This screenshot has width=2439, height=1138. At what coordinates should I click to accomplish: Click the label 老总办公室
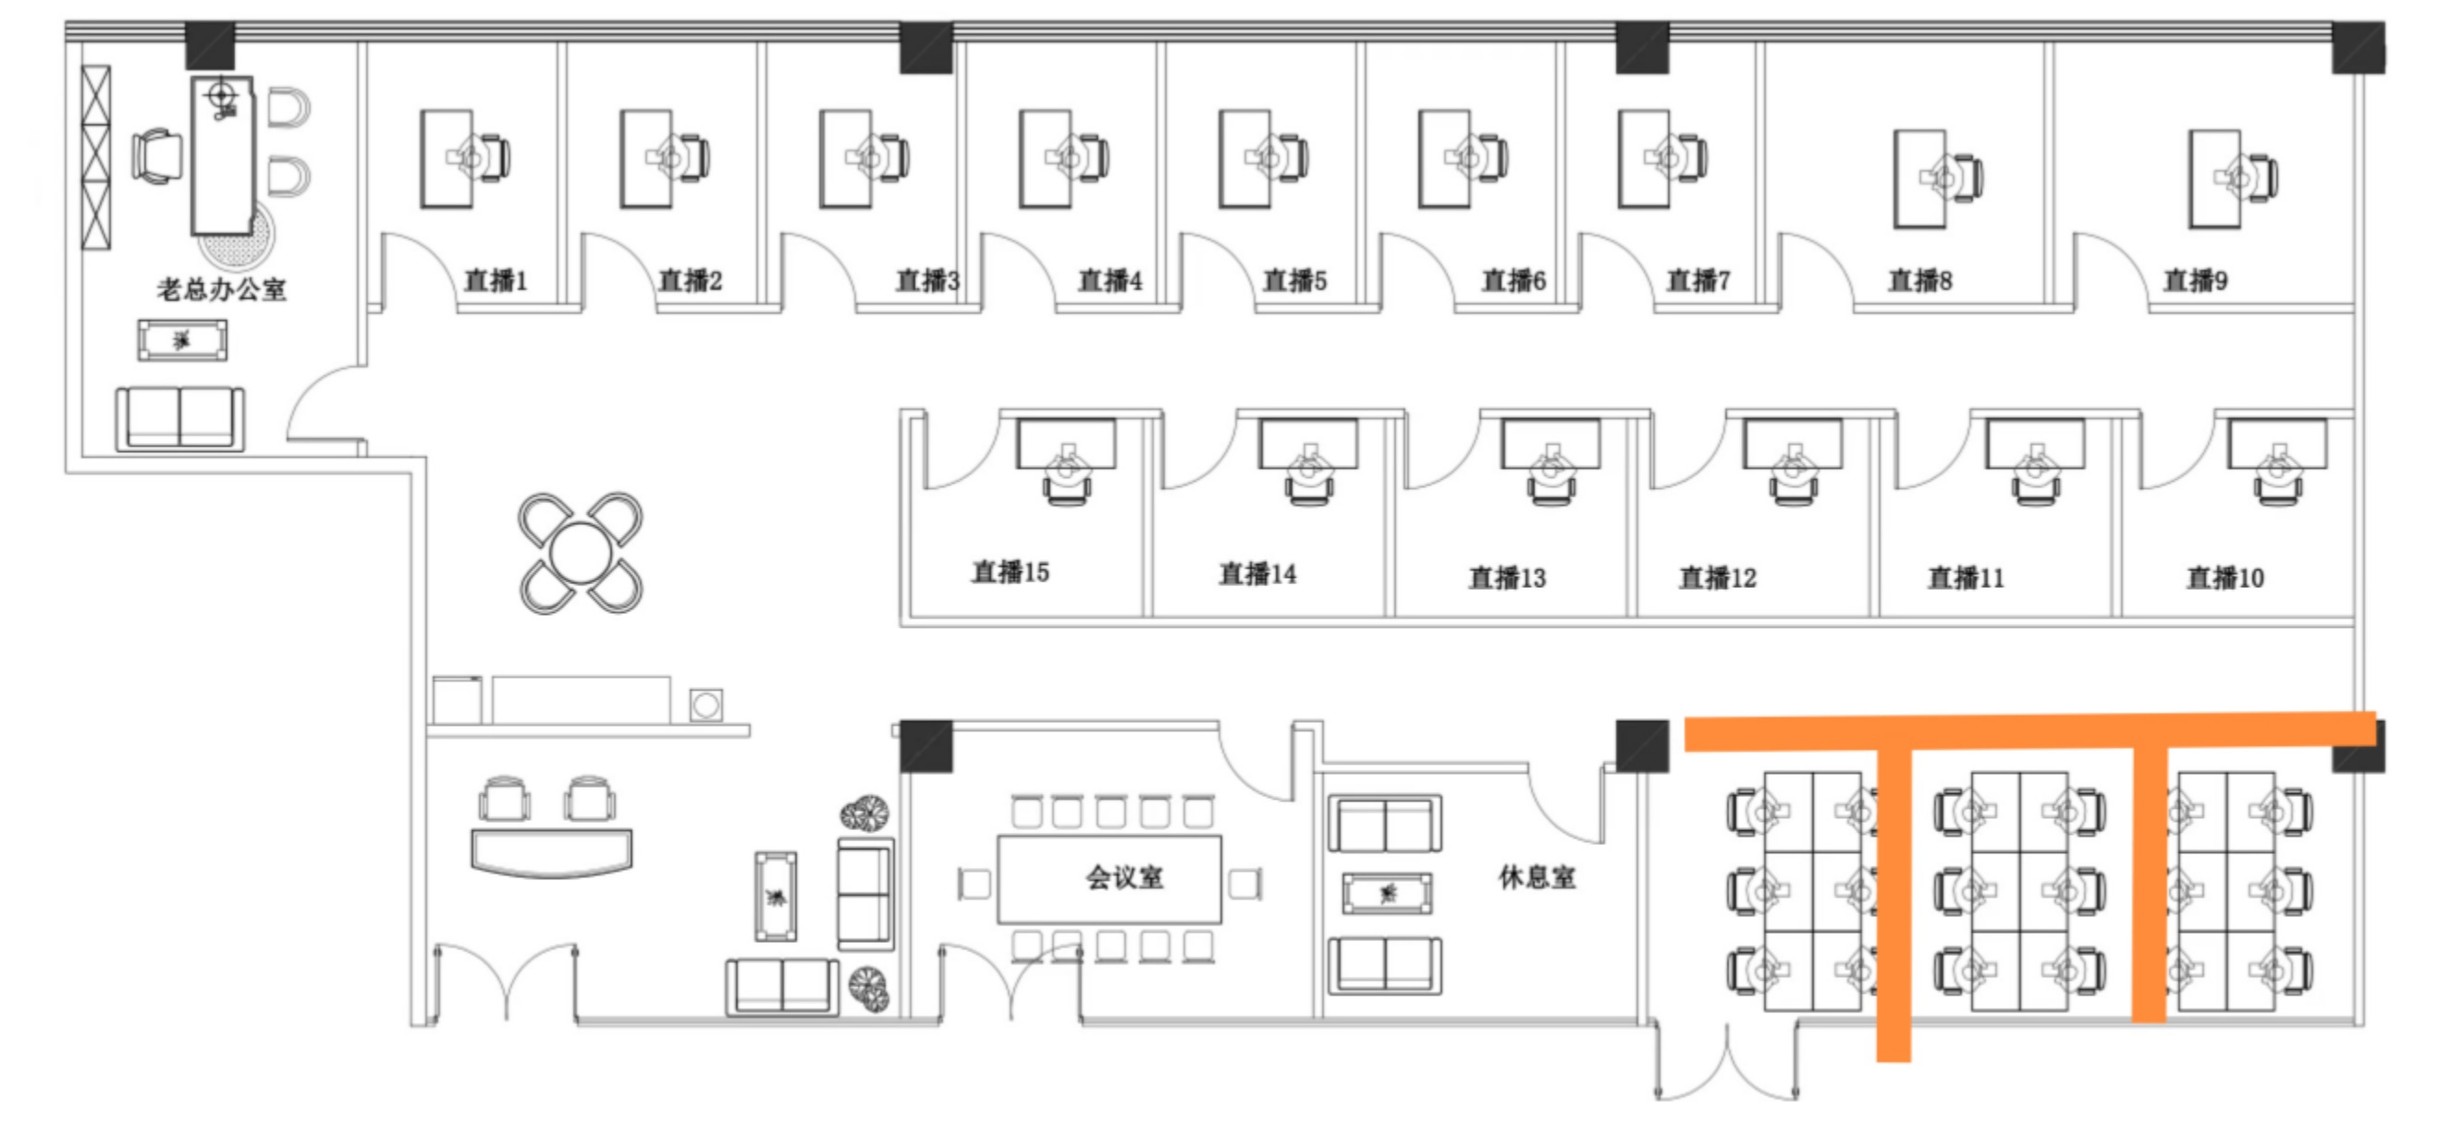(222, 288)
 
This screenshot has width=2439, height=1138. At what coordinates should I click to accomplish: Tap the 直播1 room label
(496, 280)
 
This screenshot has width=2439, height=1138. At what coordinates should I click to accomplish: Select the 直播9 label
(2196, 280)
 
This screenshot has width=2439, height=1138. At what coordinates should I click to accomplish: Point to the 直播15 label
(1011, 572)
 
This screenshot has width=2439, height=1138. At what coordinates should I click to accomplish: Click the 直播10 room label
(2225, 578)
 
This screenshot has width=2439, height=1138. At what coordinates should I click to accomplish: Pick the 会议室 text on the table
(1125, 877)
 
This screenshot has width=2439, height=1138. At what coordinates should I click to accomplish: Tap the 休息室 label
(1538, 876)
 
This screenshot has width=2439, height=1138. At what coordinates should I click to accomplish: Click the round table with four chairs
(580, 553)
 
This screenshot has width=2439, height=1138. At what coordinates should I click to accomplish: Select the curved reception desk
(551, 853)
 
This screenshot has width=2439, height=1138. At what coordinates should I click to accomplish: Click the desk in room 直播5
(1244, 159)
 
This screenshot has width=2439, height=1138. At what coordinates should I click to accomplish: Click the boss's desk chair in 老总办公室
(157, 156)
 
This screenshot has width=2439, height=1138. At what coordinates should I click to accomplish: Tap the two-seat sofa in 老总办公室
(180, 419)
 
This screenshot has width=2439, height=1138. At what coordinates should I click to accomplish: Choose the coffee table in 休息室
(1387, 893)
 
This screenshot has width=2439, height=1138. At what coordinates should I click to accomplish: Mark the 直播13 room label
(1506, 578)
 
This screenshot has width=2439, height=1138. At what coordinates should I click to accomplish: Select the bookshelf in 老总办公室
(95, 157)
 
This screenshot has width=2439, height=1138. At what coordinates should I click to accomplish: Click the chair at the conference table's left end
(974, 885)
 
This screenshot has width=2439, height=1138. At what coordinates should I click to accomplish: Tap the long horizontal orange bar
(2030, 731)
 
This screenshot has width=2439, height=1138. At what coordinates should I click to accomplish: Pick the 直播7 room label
(1697, 280)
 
